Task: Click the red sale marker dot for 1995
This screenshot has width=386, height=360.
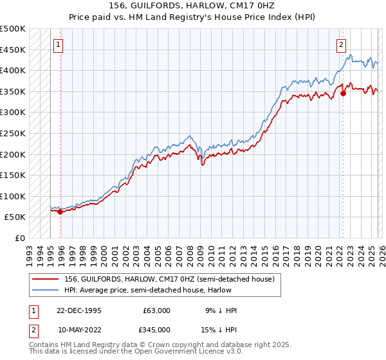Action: point(60,212)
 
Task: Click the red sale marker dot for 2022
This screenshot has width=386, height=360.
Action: point(343,93)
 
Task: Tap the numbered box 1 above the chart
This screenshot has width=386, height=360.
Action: point(59,45)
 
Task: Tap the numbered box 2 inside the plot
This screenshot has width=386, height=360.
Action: point(341,45)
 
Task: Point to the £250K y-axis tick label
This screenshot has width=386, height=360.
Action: point(13,133)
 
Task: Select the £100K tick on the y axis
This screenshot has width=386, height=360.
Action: point(13,196)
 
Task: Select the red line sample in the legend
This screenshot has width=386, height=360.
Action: point(45,279)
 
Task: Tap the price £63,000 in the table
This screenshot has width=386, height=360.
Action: point(156,310)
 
